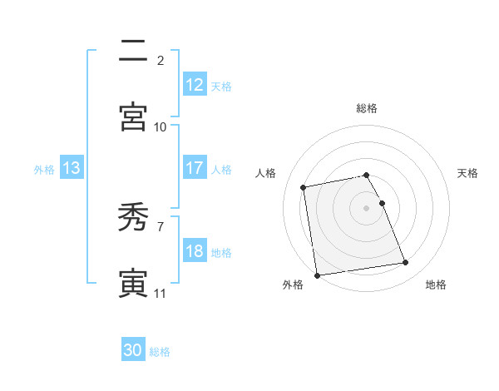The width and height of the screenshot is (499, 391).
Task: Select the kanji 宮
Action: (x=133, y=116)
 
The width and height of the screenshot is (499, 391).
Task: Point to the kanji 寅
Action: (x=133, y=284)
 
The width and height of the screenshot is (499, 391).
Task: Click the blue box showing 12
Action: (x=194, y=85)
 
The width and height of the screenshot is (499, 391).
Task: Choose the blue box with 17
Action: (x=194, y=168)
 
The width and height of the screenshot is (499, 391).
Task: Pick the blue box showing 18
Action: (x=194, y=251)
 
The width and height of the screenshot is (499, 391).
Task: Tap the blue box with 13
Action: (x=71, y=168)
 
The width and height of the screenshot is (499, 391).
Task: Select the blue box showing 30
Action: (x=133, y=350)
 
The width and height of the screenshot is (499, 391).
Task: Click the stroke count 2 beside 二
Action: (x=161, y=61)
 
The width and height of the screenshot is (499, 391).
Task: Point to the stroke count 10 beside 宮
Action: (x=161, y=126)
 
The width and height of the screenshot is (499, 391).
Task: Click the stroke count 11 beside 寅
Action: (x=160, y=294)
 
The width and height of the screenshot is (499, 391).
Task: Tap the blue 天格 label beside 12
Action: (x=221, y=86)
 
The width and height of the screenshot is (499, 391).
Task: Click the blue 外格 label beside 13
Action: (x=44, y=169)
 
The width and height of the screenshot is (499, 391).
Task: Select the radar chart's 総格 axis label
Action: (x=367, y=108)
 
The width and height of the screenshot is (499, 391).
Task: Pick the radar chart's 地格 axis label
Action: (x=436, y=285)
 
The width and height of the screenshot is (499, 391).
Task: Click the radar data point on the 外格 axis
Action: (x=317, y=275)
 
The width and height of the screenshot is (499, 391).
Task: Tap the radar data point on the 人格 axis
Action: (x=304, y=187)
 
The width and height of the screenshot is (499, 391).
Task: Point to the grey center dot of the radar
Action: (x=367, y=207)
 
